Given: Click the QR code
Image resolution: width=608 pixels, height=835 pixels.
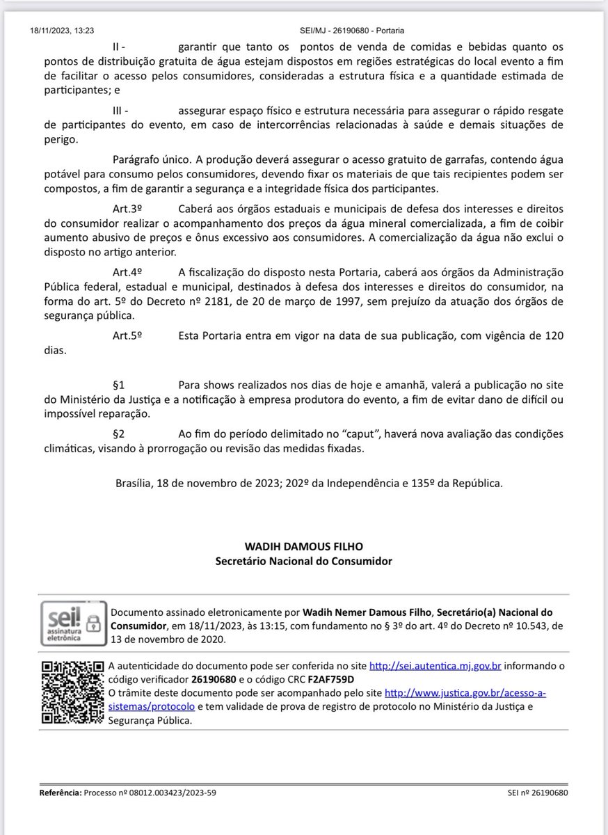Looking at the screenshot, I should pos(72,692).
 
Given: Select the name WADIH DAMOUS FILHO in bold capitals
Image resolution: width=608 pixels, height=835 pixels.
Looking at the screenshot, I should pos(303,546).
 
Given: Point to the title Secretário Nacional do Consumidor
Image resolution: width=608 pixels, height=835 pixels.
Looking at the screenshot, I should pos(303,560).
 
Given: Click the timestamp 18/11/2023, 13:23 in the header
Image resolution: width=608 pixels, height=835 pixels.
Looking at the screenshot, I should pos(63,31).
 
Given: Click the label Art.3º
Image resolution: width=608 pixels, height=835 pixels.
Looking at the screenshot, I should pos(128,209).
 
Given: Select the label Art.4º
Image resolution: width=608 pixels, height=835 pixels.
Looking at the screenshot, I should pos(128,271).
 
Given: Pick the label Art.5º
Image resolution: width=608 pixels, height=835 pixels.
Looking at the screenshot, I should pos(128,335).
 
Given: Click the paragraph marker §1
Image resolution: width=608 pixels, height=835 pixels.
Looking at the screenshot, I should pos(119,385).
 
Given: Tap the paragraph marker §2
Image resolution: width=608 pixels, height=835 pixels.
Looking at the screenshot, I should pos(119,434).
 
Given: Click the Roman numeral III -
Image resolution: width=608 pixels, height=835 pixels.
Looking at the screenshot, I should pos(120,110).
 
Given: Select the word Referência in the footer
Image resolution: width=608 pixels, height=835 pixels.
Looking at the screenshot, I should pos(60,793).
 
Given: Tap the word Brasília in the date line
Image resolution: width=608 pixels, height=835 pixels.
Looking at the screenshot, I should pos(136,482).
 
